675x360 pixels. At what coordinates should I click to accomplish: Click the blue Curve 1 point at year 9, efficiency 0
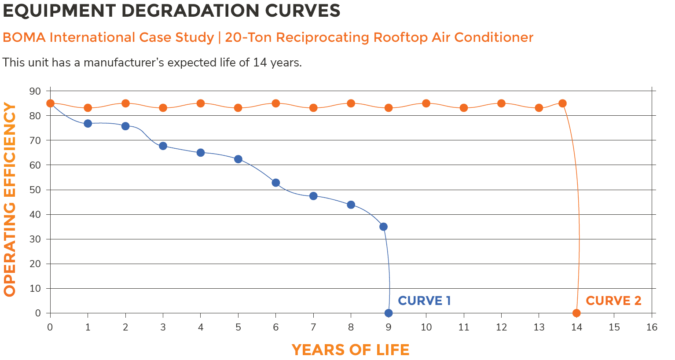pos(389,313)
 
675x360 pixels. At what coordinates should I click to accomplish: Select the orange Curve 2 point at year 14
pos(576,313)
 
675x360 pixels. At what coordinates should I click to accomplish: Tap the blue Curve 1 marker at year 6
pos(276,183)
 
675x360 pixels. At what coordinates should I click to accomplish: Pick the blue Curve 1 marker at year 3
pos(163,146)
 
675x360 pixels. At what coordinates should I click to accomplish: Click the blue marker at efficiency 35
pos(383,227)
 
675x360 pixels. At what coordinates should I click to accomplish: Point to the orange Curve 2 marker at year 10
pos(426,103)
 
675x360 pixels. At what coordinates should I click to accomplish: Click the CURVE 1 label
pos(424,301)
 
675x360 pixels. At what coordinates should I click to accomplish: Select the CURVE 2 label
pos(613,301)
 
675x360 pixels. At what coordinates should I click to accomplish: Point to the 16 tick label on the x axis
pos(652,327)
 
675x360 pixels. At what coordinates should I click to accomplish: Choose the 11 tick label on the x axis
pos(464,327)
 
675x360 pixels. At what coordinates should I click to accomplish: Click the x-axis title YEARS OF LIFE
pos(350,350)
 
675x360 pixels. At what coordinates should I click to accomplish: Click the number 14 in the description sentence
pos(259,62)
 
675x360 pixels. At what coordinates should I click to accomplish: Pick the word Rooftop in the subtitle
pos(400,37)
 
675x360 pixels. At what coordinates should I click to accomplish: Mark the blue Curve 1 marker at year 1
pos(88,124)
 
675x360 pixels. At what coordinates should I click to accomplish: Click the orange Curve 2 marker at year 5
pos(238,108)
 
